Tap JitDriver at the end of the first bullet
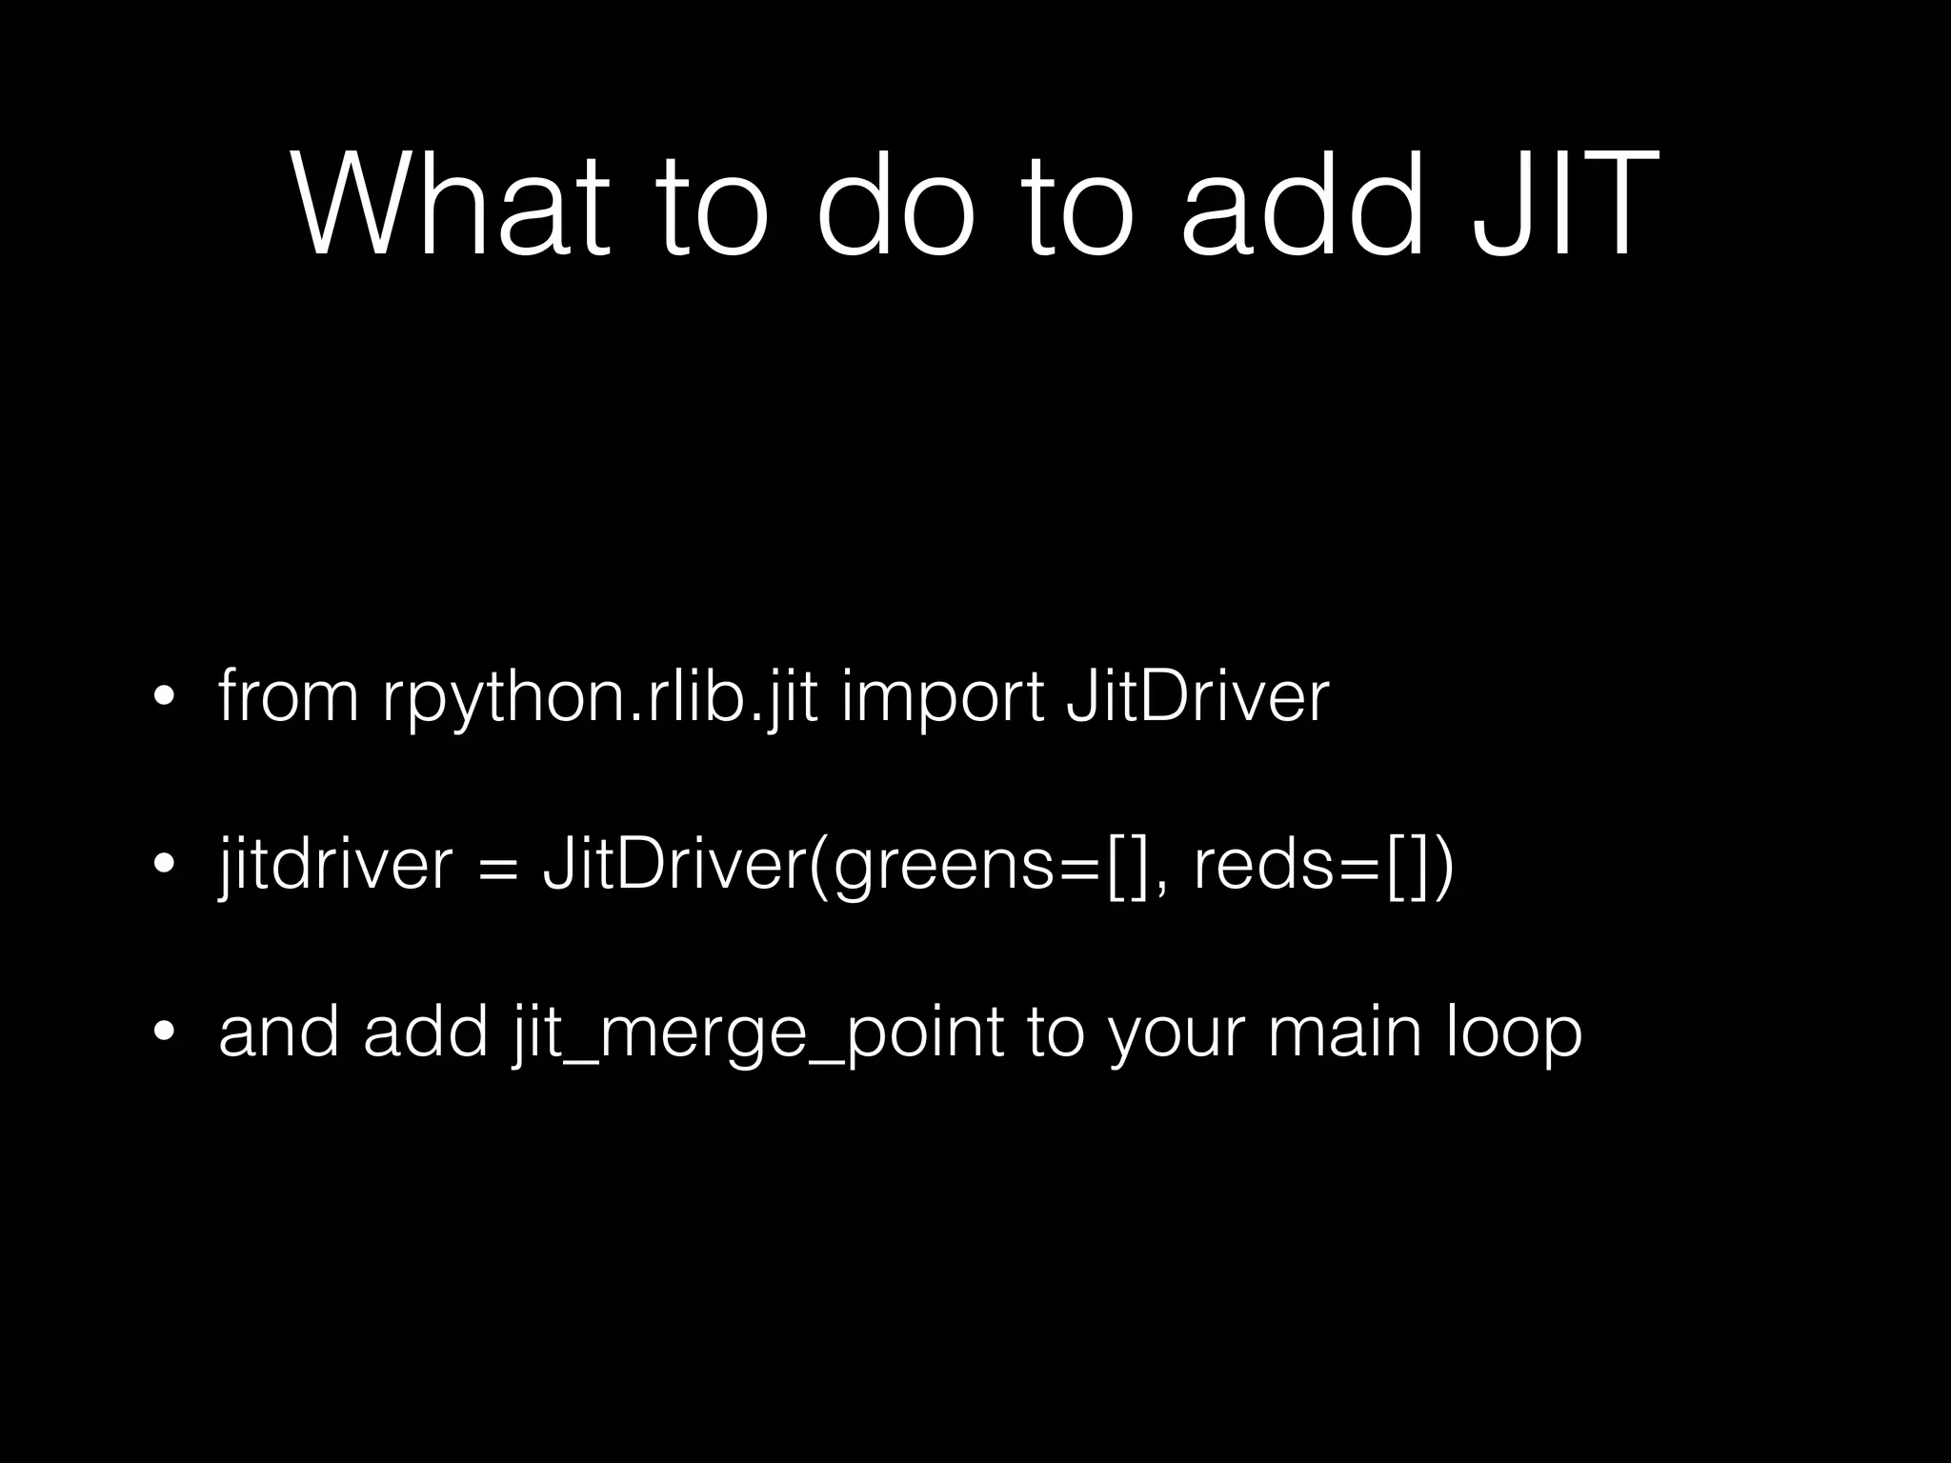coord(1197,697)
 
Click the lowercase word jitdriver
coord(334,866)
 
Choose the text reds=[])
coord(1323,866)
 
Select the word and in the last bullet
coord(279,1032)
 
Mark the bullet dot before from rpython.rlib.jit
coord(165,699)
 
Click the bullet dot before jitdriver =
coord(165,867)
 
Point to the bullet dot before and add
coord(165,1034)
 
